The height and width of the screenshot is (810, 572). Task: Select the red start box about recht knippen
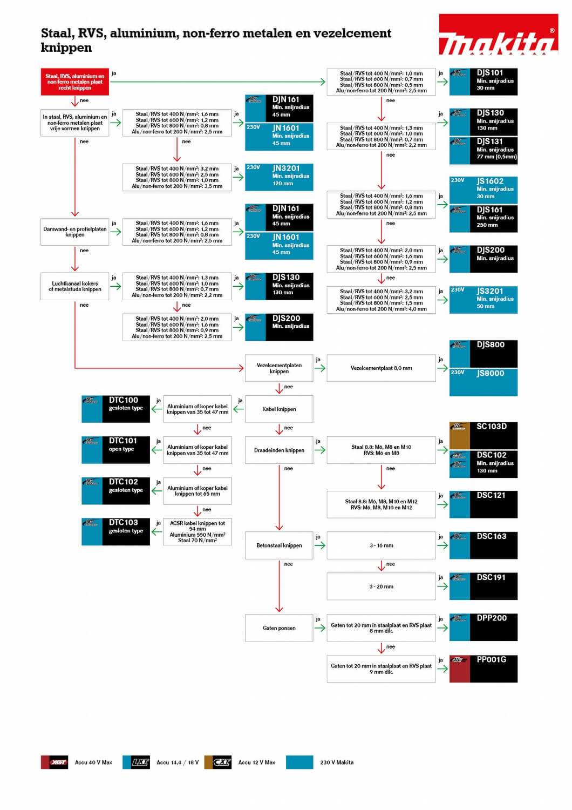74,82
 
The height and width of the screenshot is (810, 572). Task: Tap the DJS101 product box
484,82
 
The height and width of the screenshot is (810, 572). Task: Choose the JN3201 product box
279,177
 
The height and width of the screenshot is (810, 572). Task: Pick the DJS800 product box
484,354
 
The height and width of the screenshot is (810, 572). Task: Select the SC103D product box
484,435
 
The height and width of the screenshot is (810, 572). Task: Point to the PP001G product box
484,669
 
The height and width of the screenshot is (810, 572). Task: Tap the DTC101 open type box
115,450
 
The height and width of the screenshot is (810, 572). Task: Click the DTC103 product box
115,531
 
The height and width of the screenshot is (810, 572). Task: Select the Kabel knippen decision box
279,409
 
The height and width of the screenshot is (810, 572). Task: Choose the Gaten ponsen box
279,627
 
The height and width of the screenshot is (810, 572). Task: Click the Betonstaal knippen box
279,545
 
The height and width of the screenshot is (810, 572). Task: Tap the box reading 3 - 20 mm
381,586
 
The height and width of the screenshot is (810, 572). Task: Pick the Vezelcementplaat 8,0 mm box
381,368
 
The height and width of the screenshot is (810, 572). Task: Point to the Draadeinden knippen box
279,450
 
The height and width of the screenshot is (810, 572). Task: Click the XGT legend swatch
55,762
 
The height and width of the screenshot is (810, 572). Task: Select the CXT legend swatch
218,762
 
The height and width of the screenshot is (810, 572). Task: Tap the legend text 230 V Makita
337,762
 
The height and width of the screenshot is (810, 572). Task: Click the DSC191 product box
484,586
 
